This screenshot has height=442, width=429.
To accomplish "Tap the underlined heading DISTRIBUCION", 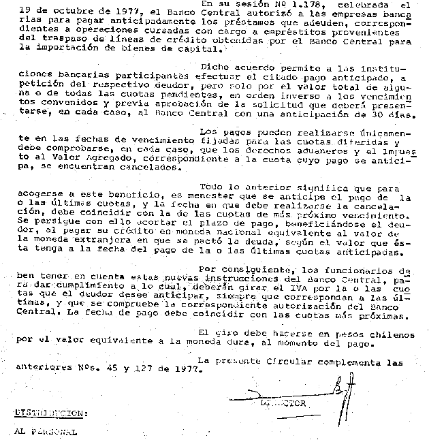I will tap(51, 413).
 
